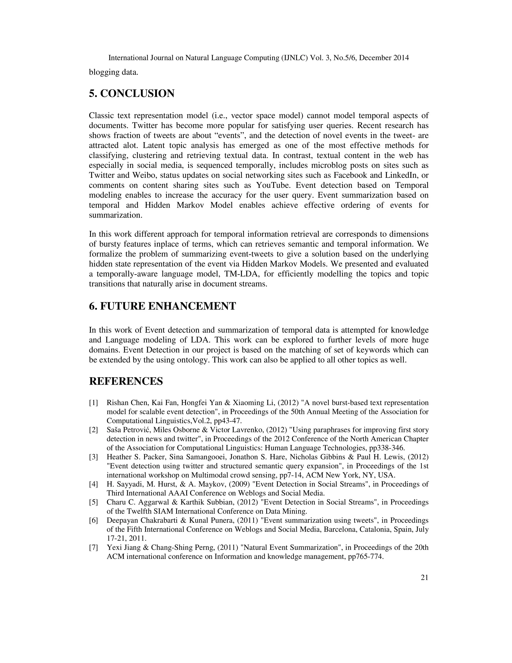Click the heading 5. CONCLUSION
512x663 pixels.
[132, 94]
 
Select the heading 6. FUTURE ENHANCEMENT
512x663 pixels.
[162, 306]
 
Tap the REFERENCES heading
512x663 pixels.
[126, 381]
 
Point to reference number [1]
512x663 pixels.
[93, 403]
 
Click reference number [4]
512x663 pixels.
[93, 484]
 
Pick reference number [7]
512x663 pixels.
[93, 548]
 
